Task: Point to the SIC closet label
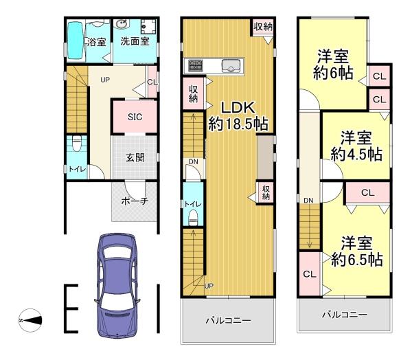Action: click(135, 116)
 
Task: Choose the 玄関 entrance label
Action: click(135, 157)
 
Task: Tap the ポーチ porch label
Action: click(135, 201)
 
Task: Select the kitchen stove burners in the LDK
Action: click(194, 66)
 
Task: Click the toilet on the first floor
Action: click(77, 146)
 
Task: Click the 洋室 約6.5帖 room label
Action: click(356, 252)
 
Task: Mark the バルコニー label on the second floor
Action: click(228, 320)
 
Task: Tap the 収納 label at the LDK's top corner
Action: click(262, 27)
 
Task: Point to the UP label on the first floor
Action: click(105, 80)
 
